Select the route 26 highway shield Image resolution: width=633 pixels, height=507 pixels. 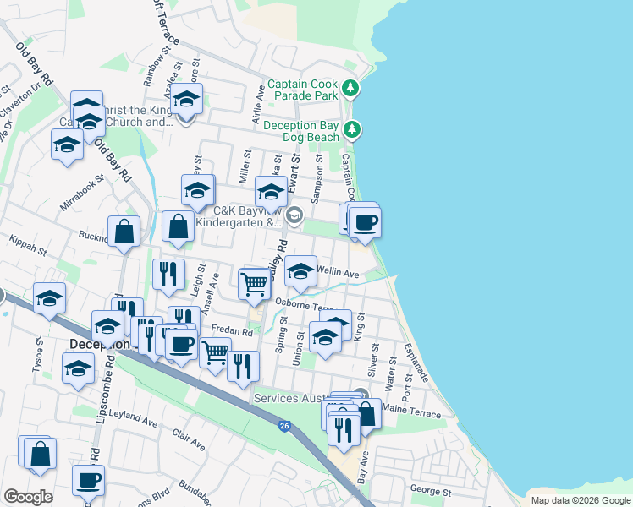click(284, 427)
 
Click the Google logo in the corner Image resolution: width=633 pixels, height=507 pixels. click(28, 496)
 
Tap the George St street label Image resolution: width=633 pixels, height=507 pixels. click(432, 491)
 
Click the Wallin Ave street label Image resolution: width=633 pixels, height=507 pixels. click(338, 274)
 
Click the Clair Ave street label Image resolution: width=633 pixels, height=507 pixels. click(189, 439)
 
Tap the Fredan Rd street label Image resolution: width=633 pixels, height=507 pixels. click(233, 333)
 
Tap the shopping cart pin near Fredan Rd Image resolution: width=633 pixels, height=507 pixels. click(216, 350)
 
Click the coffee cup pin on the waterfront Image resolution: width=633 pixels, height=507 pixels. click(366, 222)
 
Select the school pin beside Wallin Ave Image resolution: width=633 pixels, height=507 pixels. click(300, 270)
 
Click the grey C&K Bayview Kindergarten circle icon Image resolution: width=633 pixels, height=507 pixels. click(294, 215)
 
